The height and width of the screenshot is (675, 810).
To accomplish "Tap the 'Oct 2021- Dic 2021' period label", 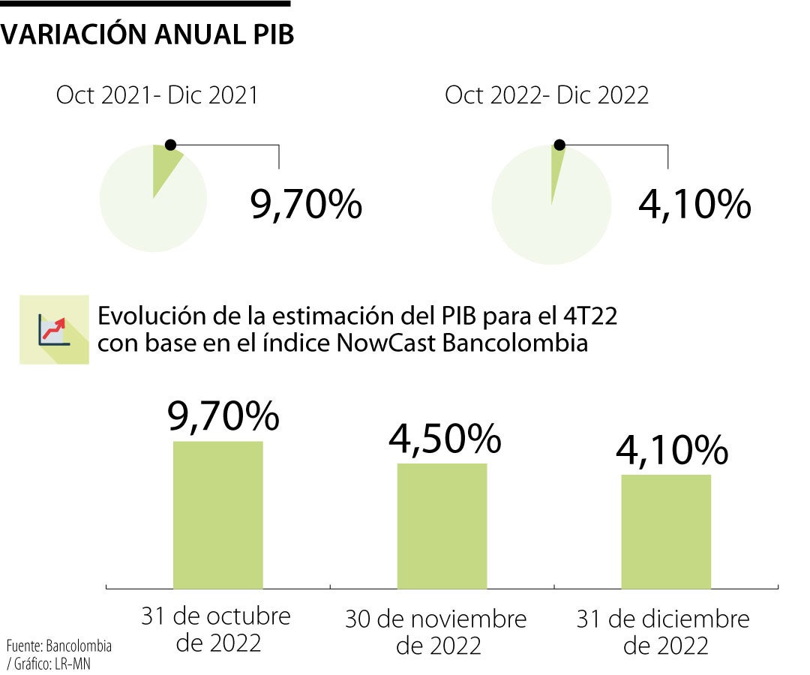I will coord(157,96).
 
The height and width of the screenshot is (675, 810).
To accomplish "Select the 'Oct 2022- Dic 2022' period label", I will coord(547,96).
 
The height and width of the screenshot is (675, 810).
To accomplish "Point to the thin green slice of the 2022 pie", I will coord(556,169).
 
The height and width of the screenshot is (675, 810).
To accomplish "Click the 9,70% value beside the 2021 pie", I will coord(306,204).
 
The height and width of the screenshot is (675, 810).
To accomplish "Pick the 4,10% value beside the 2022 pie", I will coord(694,204).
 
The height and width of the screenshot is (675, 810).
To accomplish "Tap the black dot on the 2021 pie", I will coord(170,144).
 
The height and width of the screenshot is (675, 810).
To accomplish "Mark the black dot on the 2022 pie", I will coord(559,144).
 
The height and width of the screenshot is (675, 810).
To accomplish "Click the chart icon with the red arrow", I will coord(54,329).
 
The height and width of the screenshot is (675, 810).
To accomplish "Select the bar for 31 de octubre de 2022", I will coord(217,514).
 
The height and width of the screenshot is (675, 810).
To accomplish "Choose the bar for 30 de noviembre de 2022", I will coord(442,526).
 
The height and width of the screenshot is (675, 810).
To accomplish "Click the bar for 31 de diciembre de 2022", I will coord(666,531).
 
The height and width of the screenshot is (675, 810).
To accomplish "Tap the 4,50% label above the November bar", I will coord(444,438).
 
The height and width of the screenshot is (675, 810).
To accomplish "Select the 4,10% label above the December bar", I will coord(671,450).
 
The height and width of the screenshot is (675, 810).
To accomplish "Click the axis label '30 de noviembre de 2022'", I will coord(436,632).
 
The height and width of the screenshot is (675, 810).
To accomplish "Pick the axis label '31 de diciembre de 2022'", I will coord(663,632).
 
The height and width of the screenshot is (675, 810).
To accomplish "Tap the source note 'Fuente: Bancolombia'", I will coord(59,646).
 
